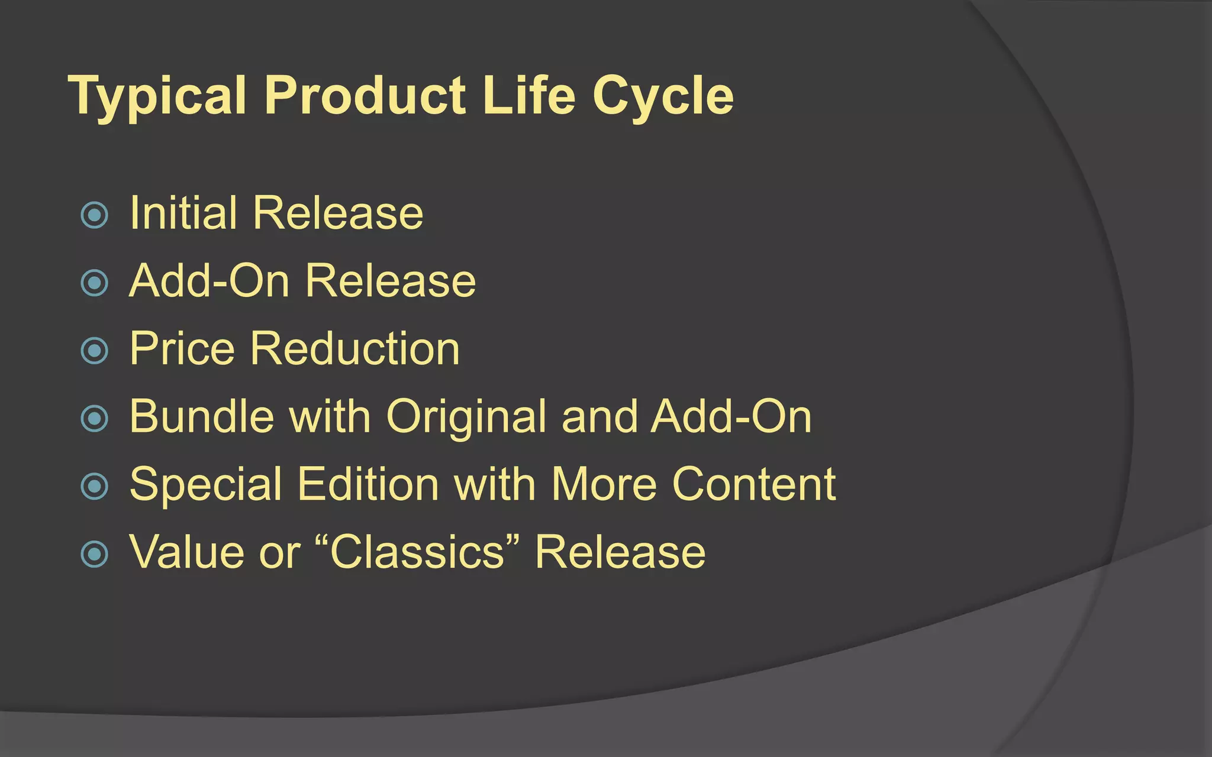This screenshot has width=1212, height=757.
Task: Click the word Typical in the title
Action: point(157,96)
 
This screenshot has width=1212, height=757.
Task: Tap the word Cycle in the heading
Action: point(663,96)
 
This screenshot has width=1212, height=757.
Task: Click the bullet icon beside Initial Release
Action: point(95,215)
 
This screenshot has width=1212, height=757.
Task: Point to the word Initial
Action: point(183,213)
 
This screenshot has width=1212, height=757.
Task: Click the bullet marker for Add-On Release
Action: point(95,283)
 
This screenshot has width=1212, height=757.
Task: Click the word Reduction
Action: point(354,348)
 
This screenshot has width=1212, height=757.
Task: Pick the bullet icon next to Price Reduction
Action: point(95,351)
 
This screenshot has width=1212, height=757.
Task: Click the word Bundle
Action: point(201,416)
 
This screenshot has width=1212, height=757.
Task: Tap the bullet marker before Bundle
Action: point(95,419)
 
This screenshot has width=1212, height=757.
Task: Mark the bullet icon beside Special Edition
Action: point(95,487)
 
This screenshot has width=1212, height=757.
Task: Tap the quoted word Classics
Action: point(417,552)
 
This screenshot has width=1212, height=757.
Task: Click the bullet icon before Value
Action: point(95,554)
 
